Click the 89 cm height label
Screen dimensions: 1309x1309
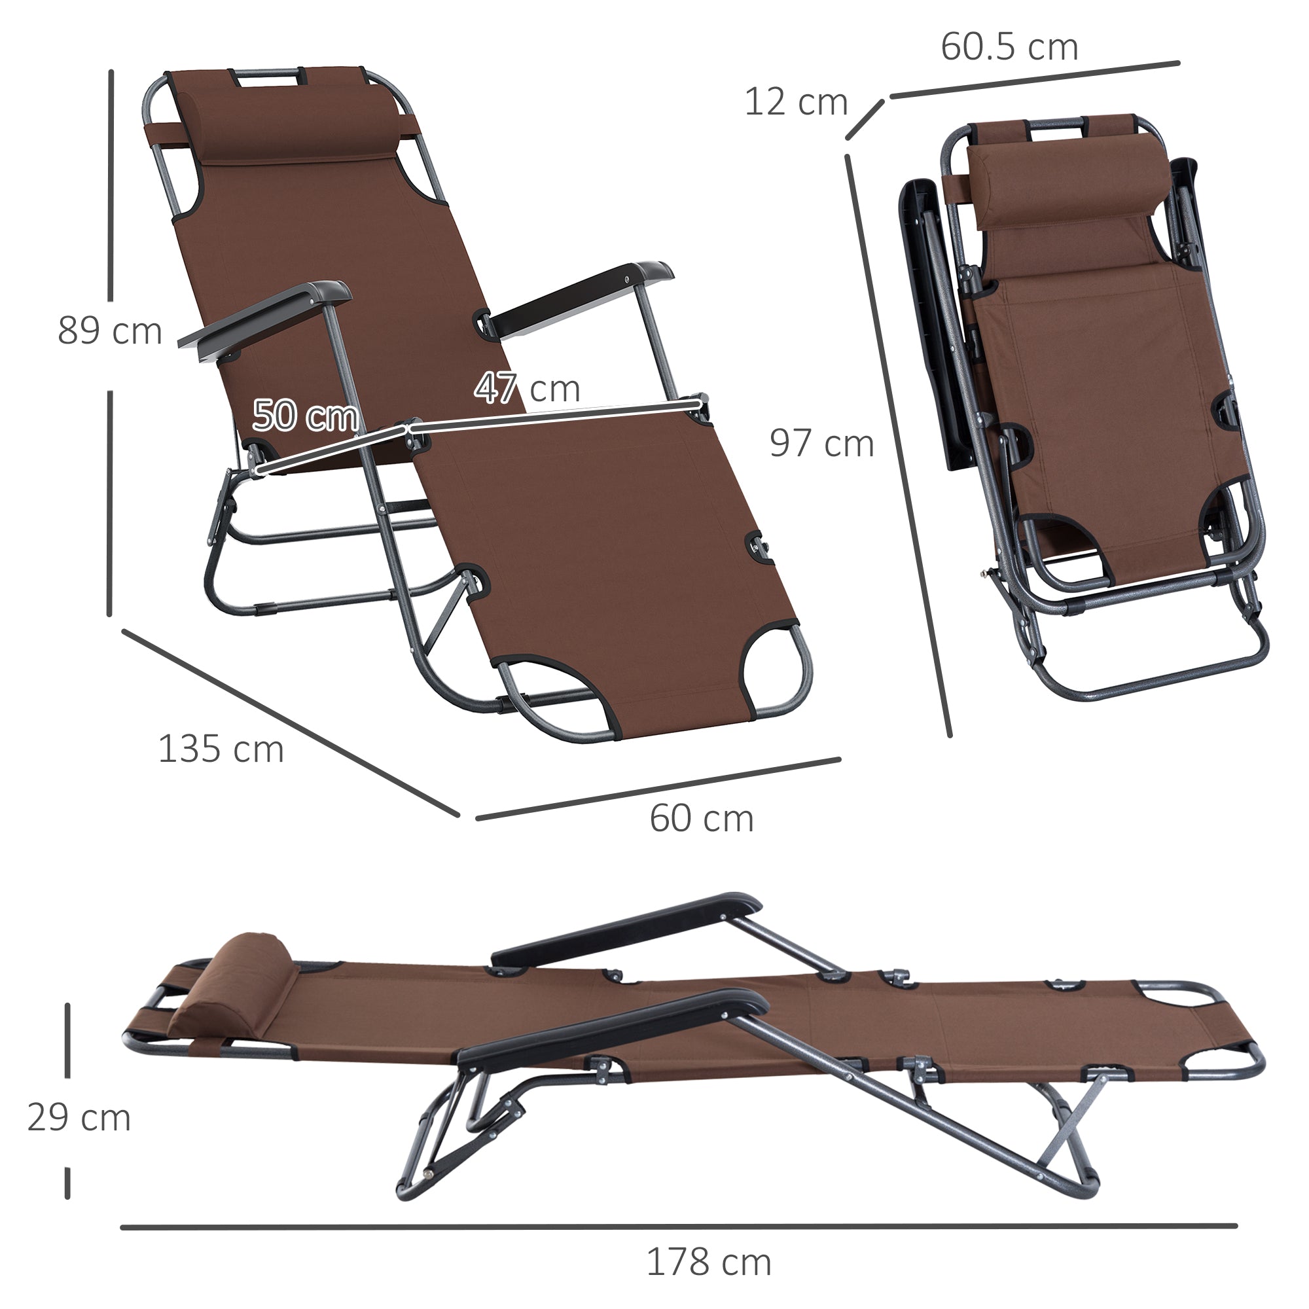pos(110,331)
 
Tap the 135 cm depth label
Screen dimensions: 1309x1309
pos(221,749)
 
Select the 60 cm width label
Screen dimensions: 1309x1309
pos(701,819)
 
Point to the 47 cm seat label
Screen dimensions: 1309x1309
pos(527,388)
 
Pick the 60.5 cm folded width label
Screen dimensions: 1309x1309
pos(1009,46)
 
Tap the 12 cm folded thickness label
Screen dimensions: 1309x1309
pos(795,102)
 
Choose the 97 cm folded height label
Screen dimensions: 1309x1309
pos(821,444)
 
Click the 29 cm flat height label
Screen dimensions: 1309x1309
pos(79,1118)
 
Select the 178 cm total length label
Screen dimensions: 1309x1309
pos(709,1263)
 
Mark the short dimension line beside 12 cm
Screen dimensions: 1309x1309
pos(865,119)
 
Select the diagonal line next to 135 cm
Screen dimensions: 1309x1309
pos(291,723)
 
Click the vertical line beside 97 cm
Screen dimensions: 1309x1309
pos(898,444)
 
